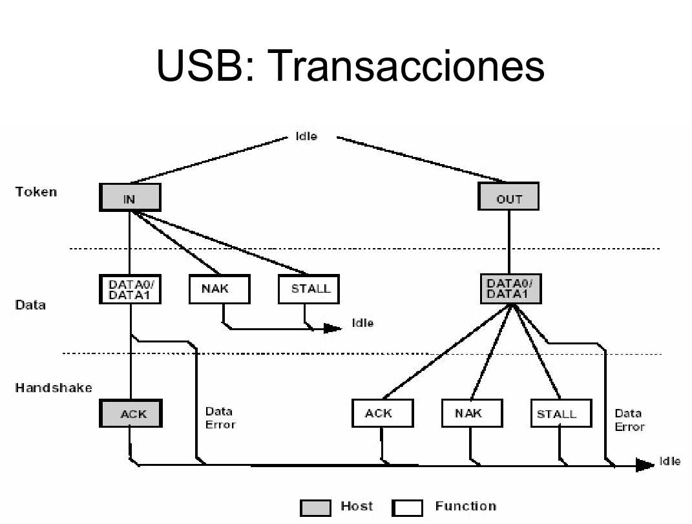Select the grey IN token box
coord(130,198)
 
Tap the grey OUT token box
coord(509,197)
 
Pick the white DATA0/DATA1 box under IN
coord(130,289)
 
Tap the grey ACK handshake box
coord(131,414)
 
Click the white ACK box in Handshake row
coord(383,414)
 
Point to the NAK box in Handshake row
coord(472,414)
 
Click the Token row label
coord(36,191)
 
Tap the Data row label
coord(30,304)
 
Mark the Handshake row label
coord(54,388)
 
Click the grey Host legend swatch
coord(316,508)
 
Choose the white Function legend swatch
coord(407,508)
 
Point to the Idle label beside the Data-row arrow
coord(362,322)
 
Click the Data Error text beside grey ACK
coord(220,417)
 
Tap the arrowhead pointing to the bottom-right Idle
coord(644,465)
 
